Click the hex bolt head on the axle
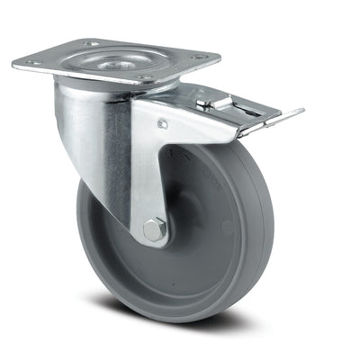[155, 230]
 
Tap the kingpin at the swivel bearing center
[117, 61]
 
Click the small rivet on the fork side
[162, 124]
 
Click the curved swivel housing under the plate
[90, 126]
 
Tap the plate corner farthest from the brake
[16, 64]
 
